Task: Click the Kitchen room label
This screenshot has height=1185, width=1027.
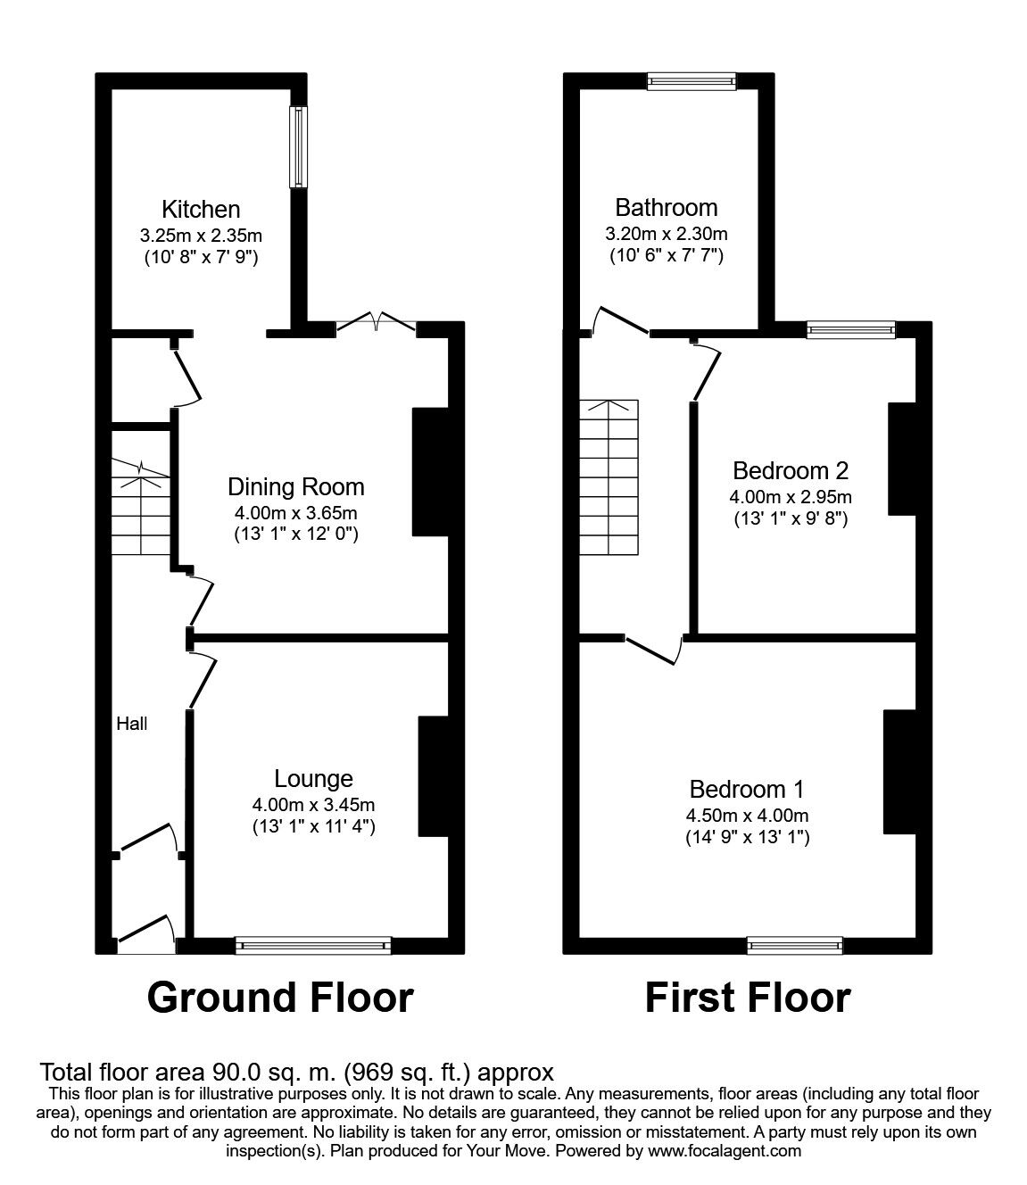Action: pos(201,210)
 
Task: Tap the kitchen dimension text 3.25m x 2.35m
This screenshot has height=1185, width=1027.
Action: pos(201,236)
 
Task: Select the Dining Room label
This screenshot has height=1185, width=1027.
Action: pos(296,487)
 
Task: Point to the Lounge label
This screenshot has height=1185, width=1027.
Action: pos(313,779)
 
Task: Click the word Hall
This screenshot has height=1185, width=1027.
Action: pos(132,725)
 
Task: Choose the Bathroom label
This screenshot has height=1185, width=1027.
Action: pos(667,208)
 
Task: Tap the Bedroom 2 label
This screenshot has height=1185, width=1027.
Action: pos(791,470)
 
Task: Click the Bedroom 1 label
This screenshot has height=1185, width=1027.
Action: pos(748,790)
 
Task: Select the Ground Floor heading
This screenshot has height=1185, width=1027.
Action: pos(280,997)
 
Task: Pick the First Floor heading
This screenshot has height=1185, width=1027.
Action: pos(748,997)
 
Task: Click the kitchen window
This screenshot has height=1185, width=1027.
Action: pos(298,147)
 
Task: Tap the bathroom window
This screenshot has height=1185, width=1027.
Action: pos(692,81)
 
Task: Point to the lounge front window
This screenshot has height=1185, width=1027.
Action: pos(313,945)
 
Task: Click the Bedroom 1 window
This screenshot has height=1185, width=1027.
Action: pos(794,945)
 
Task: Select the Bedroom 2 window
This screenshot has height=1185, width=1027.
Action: pos(850,330)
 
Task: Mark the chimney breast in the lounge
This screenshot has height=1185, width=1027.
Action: pos(433,776)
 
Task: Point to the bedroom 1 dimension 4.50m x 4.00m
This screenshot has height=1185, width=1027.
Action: pos(748,816)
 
